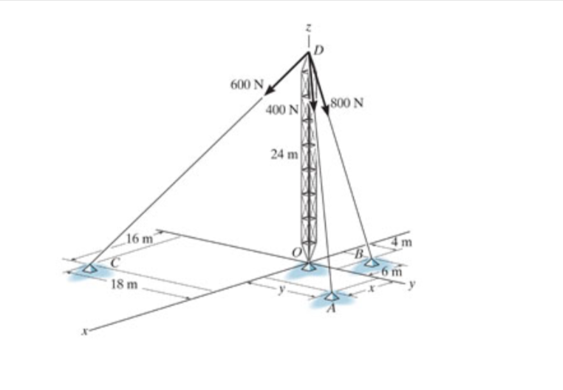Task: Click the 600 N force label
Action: coord(247,84)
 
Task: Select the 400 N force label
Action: coord(282,110)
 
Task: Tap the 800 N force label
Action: coord(347,103)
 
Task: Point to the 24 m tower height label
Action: coord(284,155)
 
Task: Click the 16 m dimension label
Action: coord(140,238)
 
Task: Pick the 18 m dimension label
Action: coord(124,284)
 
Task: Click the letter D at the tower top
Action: coord(318,50)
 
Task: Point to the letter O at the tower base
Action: coord(296,253)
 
